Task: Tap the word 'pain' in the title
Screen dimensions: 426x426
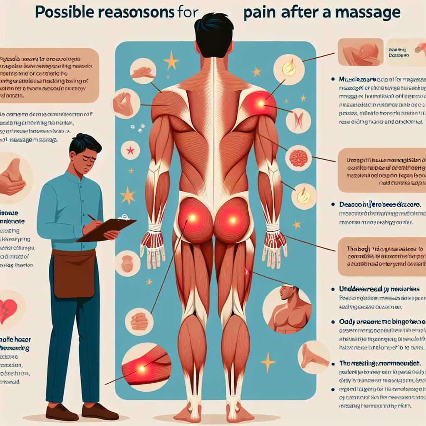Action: (257, 13)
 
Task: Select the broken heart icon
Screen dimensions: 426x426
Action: (8, 310)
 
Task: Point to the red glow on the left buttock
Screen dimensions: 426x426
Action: (193, 217)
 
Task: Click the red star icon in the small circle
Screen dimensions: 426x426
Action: (130, 150)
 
